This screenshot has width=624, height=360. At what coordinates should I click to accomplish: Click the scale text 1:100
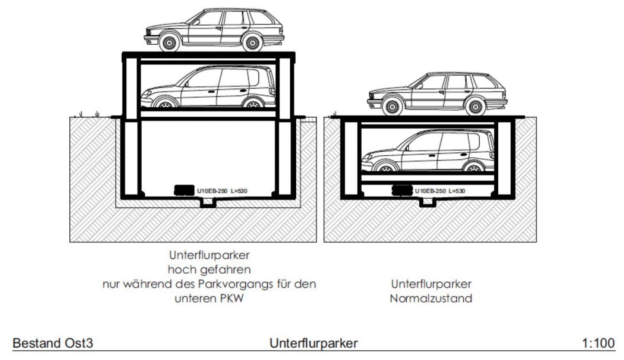(x=598, y=343)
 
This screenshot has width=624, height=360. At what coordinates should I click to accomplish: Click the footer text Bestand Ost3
(x=52, y=343)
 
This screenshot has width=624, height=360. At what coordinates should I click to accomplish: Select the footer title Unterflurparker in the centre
(x=314, y=343)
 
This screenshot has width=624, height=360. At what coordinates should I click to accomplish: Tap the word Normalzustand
(x=431, y=299)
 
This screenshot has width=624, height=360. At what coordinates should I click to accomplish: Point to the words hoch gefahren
(x=209, y=270)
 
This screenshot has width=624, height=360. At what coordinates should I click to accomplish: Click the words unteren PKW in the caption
(x=209, y=299)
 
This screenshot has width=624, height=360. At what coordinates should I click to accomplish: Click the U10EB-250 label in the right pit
(x=440, y=190)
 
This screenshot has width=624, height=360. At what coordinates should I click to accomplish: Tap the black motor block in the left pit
(x=184, y=190)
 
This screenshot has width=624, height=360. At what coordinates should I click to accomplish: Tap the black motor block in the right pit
(x=402, y=190)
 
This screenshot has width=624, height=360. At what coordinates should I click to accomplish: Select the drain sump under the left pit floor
(x=209, y=203)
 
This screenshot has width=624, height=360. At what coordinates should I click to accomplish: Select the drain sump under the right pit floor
(x=427, y=203)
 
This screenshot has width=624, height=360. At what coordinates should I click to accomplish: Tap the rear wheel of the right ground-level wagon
(x=476, y=107)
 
